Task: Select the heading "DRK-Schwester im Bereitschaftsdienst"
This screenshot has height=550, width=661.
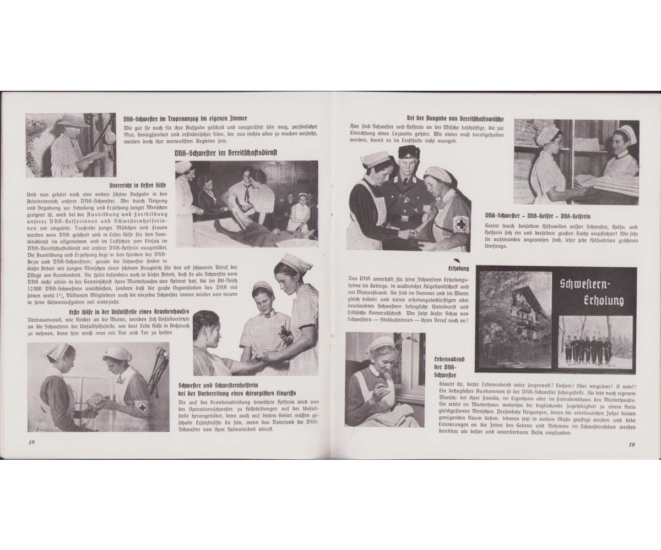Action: coord(225,153)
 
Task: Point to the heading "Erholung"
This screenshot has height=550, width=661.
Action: coord(459,268)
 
